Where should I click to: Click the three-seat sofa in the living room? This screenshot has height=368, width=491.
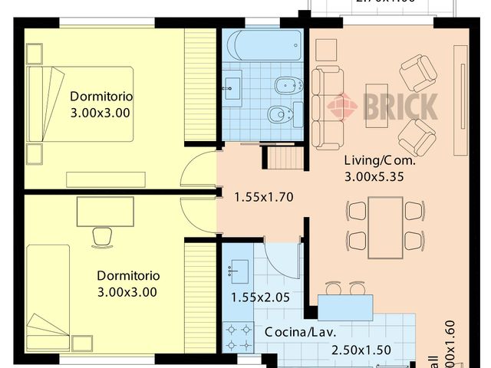tap(328, 107)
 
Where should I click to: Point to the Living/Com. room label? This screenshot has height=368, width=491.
tap(379, 162)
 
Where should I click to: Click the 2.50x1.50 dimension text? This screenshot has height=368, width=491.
tap(361, 350)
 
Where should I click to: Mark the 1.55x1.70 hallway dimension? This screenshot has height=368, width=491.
tap(263, 197)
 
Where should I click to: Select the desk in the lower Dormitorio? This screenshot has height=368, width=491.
tap(105, 212)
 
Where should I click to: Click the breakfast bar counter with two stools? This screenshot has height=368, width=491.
tap(345, 307)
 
